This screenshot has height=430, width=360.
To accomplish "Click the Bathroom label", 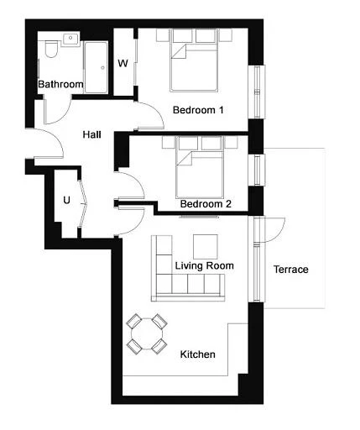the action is coord(60,84).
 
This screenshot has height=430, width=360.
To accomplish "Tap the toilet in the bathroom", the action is coord(51,49).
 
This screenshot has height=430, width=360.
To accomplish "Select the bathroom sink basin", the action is coord(70,38).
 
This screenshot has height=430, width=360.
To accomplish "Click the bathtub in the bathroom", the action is coord(96,67).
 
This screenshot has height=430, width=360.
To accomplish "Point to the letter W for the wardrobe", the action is coord(123,64).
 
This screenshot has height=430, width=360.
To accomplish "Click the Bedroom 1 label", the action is coord(198,110).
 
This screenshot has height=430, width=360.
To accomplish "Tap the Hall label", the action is coord(91,134).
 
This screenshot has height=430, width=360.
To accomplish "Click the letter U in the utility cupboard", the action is coord(66,200).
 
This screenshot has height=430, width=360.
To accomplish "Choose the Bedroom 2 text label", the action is coord(206,204).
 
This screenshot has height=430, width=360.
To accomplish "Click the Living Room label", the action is coord(205,265).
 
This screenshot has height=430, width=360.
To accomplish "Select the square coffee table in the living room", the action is coord(206,247).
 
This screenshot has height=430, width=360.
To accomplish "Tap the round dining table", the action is coord(147,333).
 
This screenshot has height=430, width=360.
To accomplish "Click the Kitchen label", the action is coord(198,354).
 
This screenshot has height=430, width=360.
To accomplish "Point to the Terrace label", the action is coord(291,270).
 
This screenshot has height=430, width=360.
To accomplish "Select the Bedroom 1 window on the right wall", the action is coord(257,92).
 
